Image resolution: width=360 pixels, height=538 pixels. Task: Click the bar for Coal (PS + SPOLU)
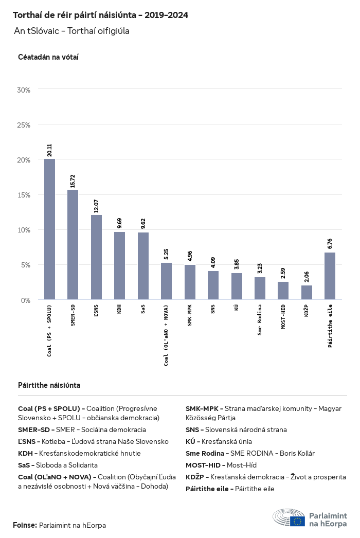coord(49,229)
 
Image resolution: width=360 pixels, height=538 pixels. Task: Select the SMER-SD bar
coord(73,245)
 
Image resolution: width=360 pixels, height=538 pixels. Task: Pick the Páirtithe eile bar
coord(330,276)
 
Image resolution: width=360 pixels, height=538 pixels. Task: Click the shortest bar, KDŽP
coord(307,293)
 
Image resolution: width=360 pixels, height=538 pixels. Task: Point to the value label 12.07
coord(96,206)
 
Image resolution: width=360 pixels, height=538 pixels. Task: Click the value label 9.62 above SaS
coord(143,224)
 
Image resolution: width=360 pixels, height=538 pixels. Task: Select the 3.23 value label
coord(260,268)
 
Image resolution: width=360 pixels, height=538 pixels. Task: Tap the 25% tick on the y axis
coord(24,125)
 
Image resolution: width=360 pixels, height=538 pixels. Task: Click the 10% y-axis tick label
coord(24,230)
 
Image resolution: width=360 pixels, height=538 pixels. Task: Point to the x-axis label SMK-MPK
coord(190,314)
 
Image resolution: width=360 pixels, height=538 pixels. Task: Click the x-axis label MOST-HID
coord(283,316)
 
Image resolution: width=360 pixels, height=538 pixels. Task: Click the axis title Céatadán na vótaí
coord(48,57)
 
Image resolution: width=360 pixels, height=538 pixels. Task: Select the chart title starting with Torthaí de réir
coord(100,15)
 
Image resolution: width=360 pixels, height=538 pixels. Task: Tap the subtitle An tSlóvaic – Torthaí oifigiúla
coord(71,31)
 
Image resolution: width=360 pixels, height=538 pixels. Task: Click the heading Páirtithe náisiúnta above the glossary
coord(49,385)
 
